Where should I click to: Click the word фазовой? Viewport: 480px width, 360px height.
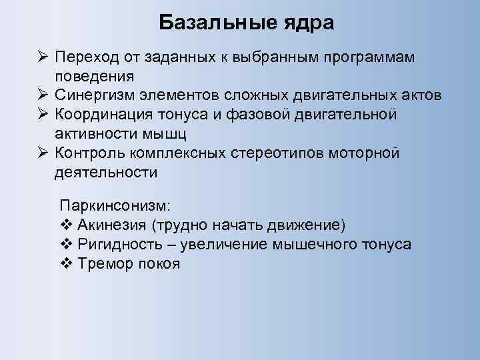266,115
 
